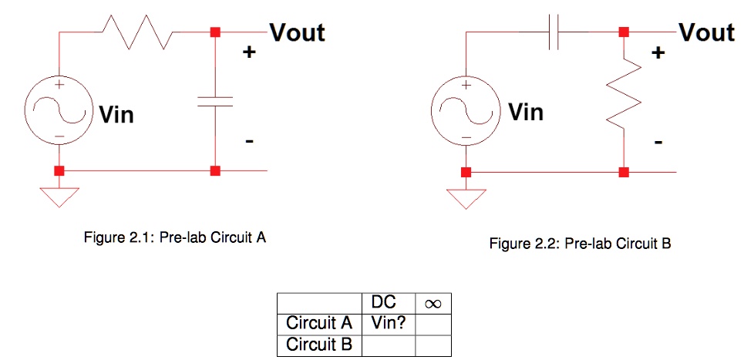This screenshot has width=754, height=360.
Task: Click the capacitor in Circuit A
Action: [x=215, y=102]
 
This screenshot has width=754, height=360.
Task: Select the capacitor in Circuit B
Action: [x=553, y=32]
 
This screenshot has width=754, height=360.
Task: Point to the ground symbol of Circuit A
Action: [x=59, y=196]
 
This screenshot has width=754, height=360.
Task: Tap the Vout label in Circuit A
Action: [x=297, y=32]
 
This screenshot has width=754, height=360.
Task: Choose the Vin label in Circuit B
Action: [x=525, y=113]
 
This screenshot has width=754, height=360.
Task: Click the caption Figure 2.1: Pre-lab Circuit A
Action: [x=175, y=237]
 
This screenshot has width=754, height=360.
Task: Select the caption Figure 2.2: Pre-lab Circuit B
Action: [x=581, y=244]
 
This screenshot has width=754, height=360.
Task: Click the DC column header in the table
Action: [x=389, y=302]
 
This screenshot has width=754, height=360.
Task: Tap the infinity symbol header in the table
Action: [x=433, y=302]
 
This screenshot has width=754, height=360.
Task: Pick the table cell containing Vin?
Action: [x=389, y=322]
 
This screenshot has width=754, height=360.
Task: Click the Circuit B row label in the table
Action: [x=319, y=344]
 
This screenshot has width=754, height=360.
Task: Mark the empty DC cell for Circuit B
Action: [x=389, y=344]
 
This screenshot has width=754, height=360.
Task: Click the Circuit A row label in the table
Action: [x=319, y=322]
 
